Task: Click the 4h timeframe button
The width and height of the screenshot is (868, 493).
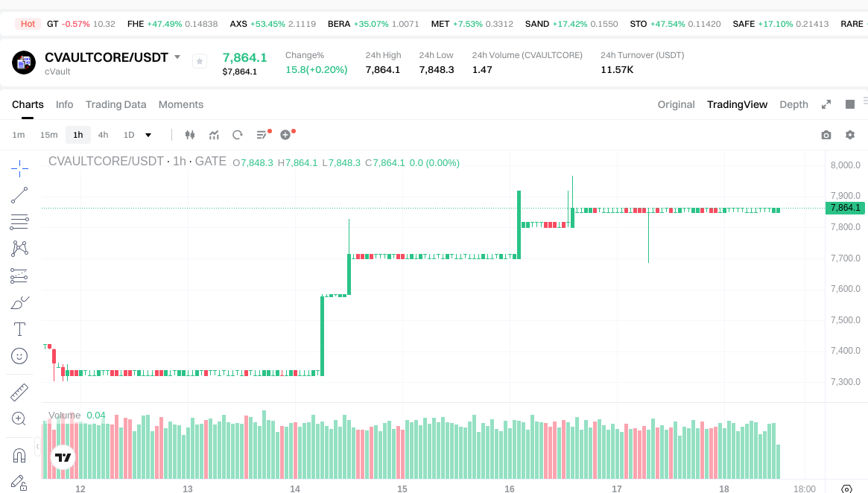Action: [103, 135]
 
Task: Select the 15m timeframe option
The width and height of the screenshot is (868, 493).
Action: [48, 135]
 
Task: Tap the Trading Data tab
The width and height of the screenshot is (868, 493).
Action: [115, 104]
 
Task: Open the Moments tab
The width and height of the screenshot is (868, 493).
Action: [181, 104]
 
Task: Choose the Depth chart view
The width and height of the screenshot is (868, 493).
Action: [793, 104]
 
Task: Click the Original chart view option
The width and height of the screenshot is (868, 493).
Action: [676, 104]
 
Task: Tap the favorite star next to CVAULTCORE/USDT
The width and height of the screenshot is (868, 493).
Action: [200, 61]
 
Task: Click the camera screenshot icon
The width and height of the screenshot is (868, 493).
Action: [826, 135]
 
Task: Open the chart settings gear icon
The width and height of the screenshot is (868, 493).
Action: [850, 135]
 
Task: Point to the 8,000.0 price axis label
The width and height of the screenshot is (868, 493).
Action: [846, 165]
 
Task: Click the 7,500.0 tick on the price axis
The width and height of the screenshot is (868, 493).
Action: [846, 320]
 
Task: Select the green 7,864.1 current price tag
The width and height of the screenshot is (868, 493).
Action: [846, 208]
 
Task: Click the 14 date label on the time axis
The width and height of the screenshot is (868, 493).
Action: [295, 489]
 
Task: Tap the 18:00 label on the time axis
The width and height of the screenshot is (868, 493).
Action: [804, 489]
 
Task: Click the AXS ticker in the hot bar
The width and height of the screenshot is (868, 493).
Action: [238, 24]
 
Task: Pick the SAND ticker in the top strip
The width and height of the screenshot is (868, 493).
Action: [537, 24]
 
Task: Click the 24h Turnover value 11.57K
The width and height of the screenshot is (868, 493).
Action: [617, 69]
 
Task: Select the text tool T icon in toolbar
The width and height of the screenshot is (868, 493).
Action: [20, 329]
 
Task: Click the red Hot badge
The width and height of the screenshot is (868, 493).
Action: [28, 24]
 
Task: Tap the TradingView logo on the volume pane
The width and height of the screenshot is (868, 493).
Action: [63, 457]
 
